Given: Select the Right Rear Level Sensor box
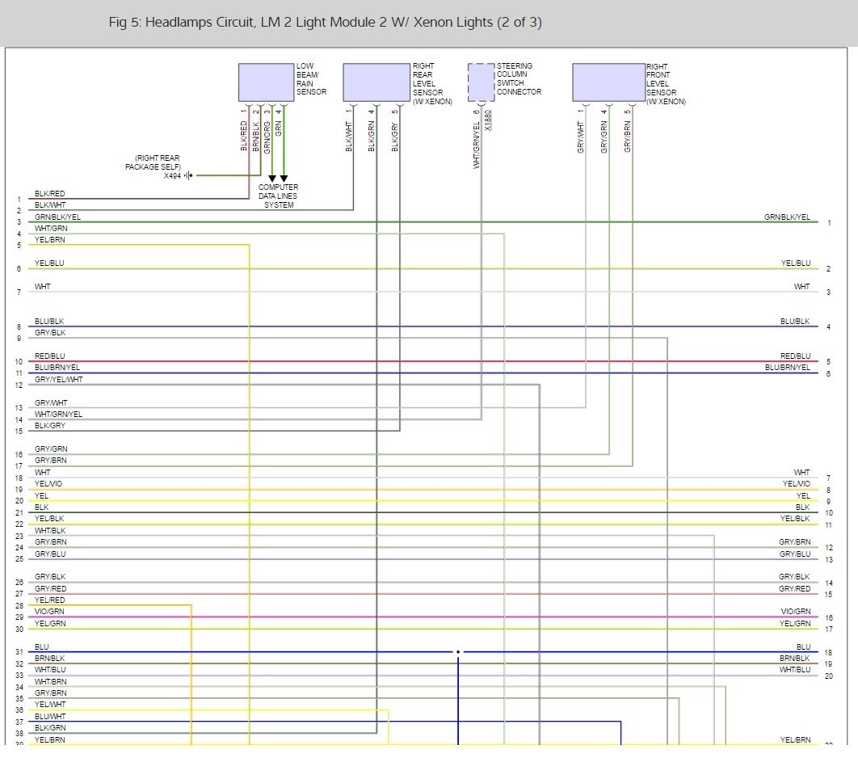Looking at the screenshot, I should [376, 82].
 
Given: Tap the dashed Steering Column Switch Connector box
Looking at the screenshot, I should [481, 81].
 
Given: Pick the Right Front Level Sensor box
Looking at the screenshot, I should [608, 82].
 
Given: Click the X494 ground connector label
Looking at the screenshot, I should [172, 175].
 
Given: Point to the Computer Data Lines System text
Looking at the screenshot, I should [278, 196].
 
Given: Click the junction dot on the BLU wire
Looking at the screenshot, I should [458, 651].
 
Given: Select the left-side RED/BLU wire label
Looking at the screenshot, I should [50, 356].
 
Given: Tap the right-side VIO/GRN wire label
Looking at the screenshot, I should [796, 612].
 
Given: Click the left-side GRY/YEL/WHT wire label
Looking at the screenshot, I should [58, 380].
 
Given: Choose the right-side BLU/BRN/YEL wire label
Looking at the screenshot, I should [787, 368].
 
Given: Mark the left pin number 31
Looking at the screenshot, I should [19, 652].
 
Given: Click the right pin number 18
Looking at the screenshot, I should [828, 652].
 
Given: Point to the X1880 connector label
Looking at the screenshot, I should [488, 120].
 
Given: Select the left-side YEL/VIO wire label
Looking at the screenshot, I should [48, 484].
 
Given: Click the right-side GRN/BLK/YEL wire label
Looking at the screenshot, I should [787, 217].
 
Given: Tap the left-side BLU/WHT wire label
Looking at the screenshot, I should [50, 716].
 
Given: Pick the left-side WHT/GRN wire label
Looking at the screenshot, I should [51, 229].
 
